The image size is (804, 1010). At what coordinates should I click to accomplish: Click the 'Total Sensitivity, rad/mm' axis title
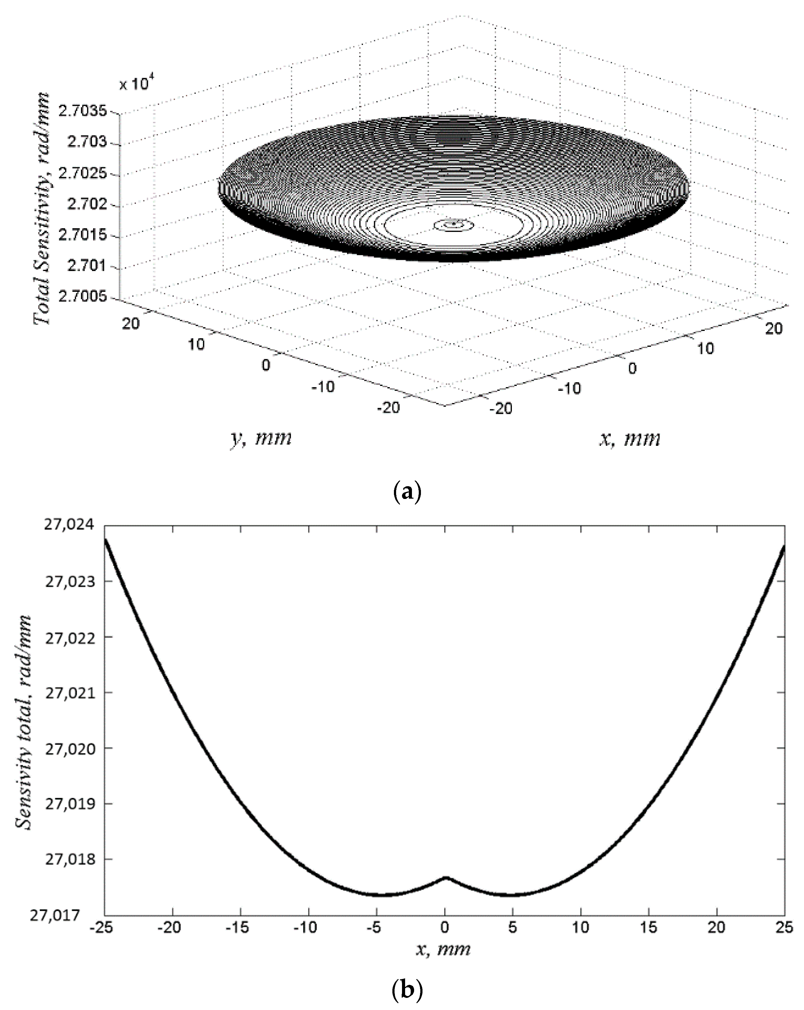click(x=42, y=208)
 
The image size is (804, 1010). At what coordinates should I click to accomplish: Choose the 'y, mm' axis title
click(x=261, y=438)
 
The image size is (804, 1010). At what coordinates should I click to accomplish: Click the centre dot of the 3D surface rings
click(x=453, y=224)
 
